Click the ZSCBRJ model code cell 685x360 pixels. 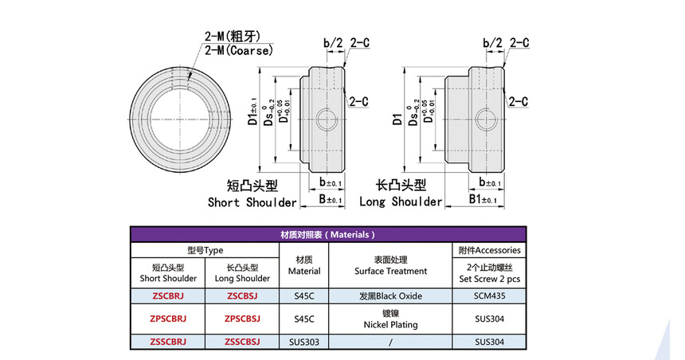[168, 295]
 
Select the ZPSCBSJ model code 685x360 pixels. [242, 319]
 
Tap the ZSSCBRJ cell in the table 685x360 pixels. [168, 342]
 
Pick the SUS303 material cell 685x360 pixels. [304, 342]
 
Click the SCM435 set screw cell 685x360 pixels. [489, 295]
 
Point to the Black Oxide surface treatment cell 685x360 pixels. [390, 295]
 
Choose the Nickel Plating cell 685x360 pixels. [390, 319]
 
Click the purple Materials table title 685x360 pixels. [327, 235]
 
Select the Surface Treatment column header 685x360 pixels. [390, 266]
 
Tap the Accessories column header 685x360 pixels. [489, 250]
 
